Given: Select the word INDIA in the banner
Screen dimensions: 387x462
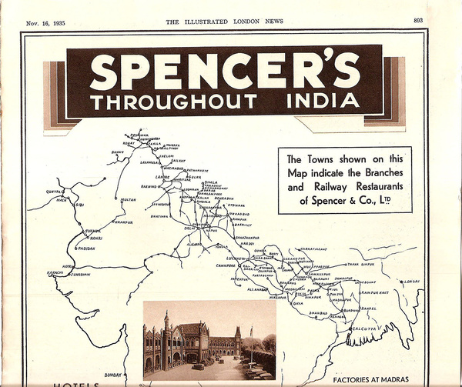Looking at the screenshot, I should coord(323,102).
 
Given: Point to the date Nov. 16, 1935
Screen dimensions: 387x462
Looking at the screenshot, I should coord(45,22).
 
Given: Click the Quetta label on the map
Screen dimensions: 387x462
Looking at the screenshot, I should coord(54,191).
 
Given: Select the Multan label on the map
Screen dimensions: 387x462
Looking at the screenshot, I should coord(129,200).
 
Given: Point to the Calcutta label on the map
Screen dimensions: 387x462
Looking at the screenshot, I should coord(362,329).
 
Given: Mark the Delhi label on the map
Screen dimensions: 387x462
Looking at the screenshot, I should coord(190,229).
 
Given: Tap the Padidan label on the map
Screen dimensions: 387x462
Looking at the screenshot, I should coord(85,249).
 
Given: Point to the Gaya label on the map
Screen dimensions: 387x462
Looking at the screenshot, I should coord(297,304).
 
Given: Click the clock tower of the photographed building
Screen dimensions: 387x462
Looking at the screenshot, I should coord(166,322).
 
